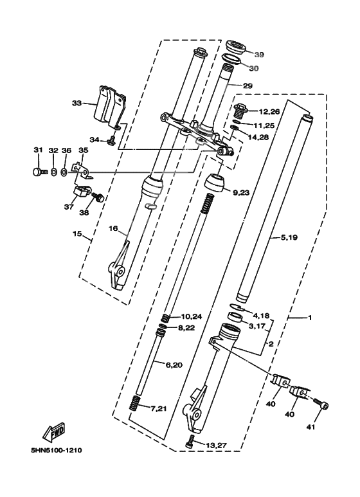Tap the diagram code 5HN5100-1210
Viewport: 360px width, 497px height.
[56, 450]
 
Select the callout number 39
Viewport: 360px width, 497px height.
[259, 55]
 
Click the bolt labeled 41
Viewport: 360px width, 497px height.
[321, 403]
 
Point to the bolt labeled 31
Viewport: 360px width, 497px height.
[40, 172]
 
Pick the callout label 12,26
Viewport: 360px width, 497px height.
[269, 112]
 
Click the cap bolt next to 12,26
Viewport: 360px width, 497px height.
[240, 111]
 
